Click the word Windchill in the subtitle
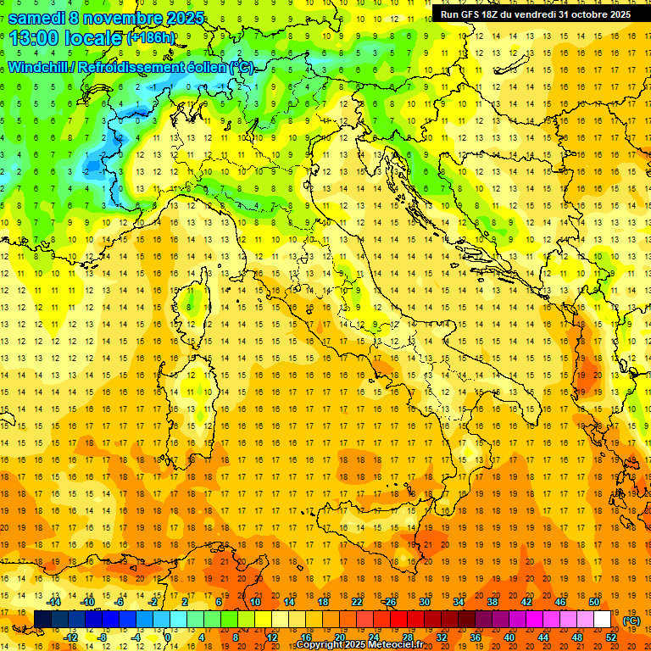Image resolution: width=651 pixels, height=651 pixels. pyautogui.click(x=43, y=67)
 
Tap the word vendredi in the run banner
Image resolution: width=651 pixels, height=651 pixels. pyautogui.click(x=536, y=14)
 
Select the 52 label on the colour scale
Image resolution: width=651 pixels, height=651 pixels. pyautogui.click(x=612, y=637)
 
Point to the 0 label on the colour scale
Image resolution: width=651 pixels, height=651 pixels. pyautogui.click(x=167, y=637)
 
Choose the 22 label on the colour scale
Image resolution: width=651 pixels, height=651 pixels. pyautogui.click(x=357, y=602)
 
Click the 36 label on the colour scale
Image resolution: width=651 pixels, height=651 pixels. pyautogui.click(x=476, y=637)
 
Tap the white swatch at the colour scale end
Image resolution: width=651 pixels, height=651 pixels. pyautogui.click(x=603, y=620)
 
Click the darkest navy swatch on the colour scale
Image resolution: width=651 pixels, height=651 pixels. pyautogui.click(x=42, y=620)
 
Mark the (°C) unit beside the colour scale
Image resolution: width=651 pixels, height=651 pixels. pyautogui.click(x=632, y=620)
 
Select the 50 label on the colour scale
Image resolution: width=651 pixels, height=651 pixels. pyautogui.click(x=595, y=602)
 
